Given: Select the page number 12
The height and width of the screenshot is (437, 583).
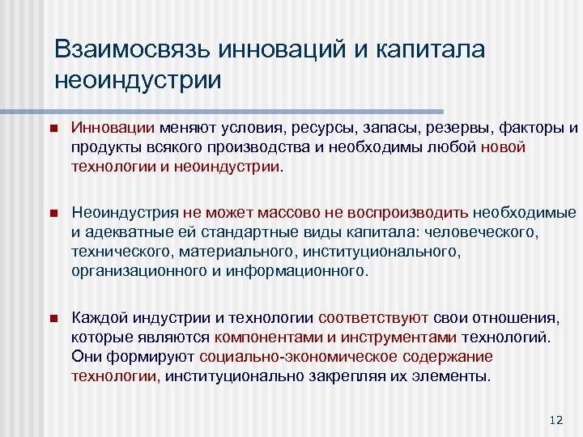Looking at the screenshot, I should pyautogui.click(x=555, y=419).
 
